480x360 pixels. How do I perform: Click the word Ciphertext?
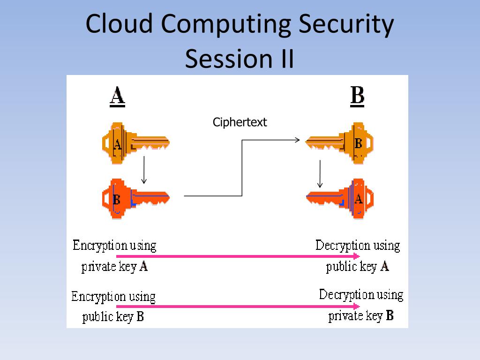240,122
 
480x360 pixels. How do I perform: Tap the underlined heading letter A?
117,97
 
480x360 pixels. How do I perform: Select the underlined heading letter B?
357,97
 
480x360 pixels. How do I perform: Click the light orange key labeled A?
135,142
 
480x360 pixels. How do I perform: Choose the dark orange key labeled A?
340,199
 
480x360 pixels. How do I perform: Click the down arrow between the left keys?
144,170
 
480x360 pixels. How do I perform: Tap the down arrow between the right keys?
320,173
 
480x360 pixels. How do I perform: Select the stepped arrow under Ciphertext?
241,167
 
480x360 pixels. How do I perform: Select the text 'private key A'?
115,267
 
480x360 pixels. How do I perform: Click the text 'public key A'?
358,267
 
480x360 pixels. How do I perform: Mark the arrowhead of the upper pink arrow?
357,256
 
